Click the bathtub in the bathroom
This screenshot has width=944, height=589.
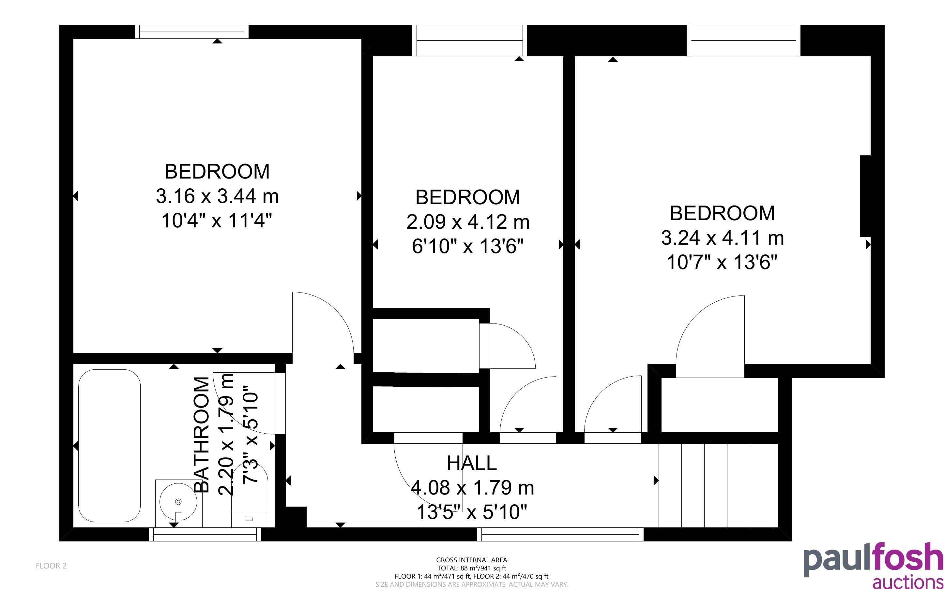coord(109,446)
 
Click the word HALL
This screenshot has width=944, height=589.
coord(471,463)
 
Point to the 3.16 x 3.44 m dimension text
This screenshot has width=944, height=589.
coord(217,196)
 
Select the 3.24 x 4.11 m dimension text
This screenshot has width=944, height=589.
coord(722,237)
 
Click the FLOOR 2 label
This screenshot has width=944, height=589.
coord(51,566)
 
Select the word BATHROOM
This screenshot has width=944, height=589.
coord(202,435)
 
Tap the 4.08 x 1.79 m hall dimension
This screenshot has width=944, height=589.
coord(472,488)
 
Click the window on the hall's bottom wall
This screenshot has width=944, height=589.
coord(560,534)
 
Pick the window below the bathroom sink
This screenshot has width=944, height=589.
coord(205,534)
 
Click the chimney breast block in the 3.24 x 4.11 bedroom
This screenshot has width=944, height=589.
coord(865,196)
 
